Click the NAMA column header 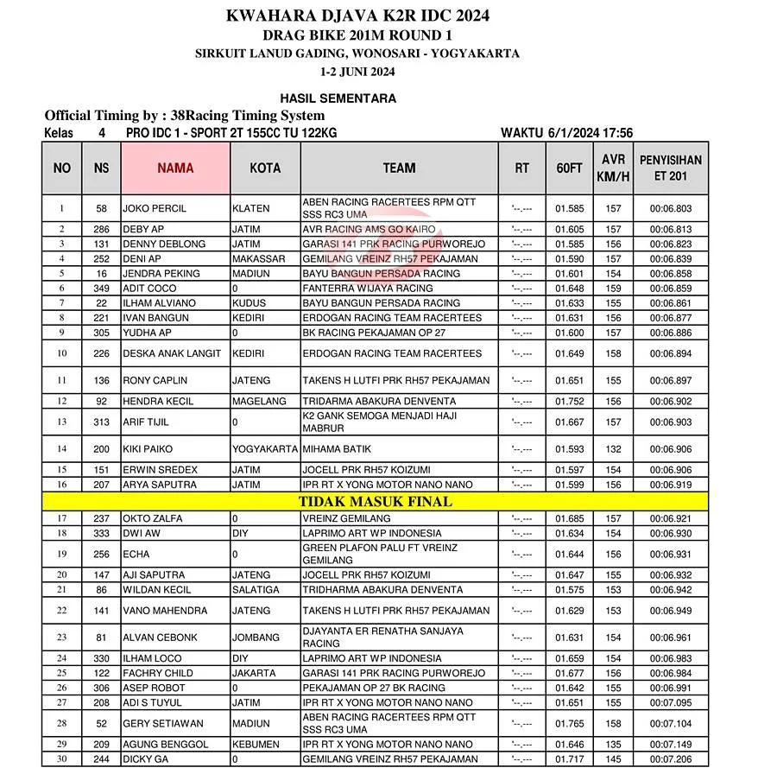(x=175, y=168)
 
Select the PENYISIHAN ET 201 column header (x=671, y=168)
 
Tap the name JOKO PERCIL (x=155, y=208)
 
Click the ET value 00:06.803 (x=671, y=208)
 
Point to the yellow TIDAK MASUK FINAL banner (x=376, y=501)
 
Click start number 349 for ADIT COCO (x=102, y=289)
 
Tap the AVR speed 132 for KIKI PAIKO (x=613, y=449)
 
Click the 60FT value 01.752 (x=570, y=402)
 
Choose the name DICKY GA (x=148, y=759)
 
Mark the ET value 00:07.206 (x=671, y=759)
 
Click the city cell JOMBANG (x=256, y=638)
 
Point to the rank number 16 (x=62, y=485)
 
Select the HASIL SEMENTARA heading (x=338, y=98)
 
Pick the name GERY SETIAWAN (x=161, y=723)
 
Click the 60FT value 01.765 (x=570, y=723)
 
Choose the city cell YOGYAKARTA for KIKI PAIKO (x=265, y=449)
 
